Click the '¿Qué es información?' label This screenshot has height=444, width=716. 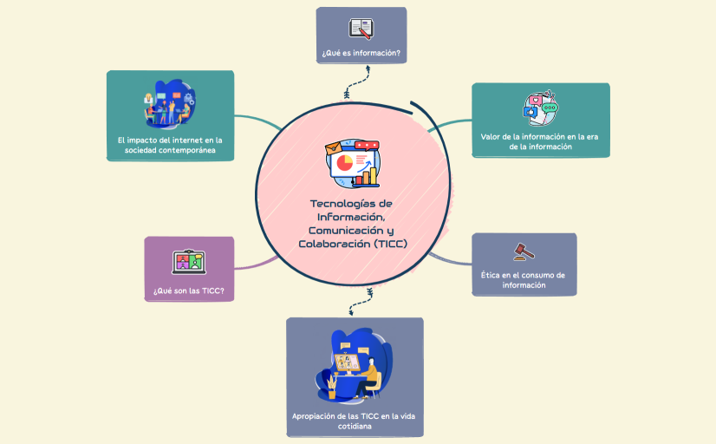click(x=361, y=54)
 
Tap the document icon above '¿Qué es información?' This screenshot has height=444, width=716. click(x=361, y=28)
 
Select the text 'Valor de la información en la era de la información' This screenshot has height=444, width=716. click(x=540, y=141)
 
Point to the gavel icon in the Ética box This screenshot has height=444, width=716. click(x=524, y=251)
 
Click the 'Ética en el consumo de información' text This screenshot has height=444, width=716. click(x=524, y=279)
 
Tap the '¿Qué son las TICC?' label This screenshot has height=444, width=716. click(x=189, y=291)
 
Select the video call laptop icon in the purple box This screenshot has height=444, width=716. click(x=189, y=261)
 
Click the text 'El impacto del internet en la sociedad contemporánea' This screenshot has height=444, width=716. click(x=170, y=145)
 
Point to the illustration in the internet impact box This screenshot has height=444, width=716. click(x=170, y=104)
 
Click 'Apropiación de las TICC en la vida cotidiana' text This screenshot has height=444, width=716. click(x=355, y=421)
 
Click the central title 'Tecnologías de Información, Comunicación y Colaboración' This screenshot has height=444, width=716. click(x=351, y=224)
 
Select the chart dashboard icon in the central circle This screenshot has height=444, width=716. click(x=353, y=164)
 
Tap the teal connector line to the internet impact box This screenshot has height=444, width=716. click(x=260, y=120)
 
